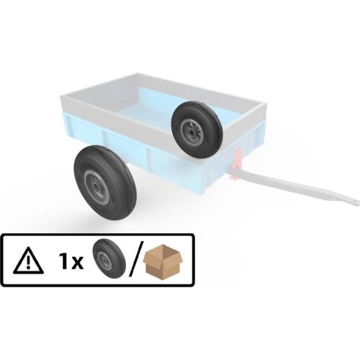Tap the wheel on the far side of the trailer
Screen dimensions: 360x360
point(197,130)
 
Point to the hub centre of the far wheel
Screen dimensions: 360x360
point(192,132)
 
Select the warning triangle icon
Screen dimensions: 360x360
point(28,261)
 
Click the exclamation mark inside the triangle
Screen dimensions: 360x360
point(28,263)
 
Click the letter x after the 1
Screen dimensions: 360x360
point(77,263)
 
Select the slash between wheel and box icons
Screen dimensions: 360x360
point(136,258)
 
